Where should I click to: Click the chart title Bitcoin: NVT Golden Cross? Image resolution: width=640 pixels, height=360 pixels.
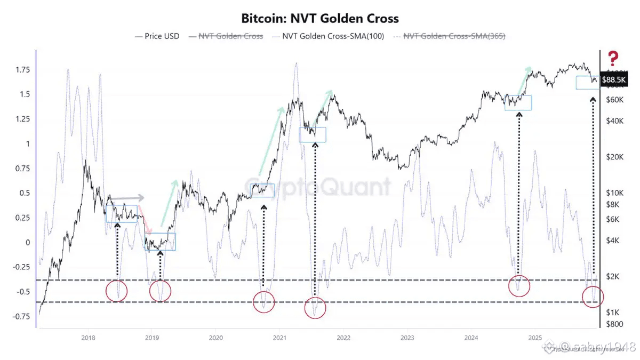pos(320,19)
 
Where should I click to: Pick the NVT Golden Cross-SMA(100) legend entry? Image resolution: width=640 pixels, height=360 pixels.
pos(329,36)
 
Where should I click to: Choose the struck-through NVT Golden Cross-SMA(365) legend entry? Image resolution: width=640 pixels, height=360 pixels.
pos(454,36)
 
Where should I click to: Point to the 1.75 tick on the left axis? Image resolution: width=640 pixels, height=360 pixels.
pos(22,70)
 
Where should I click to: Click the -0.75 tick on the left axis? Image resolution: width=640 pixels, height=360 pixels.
pos(21,316)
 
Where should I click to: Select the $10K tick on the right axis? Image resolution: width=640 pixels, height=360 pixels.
pos(615,193)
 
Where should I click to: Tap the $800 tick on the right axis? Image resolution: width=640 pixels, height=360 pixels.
pos(614,324)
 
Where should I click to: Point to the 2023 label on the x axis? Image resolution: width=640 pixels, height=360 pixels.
pos(407,338)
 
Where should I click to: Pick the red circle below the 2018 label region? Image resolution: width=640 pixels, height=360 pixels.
pos(117,291)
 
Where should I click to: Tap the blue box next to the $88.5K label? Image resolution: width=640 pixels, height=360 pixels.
pos(588,83)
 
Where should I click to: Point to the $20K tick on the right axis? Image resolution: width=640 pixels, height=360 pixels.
pos(615,157)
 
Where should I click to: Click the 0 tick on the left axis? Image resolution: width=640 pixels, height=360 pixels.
pos(28,242)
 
